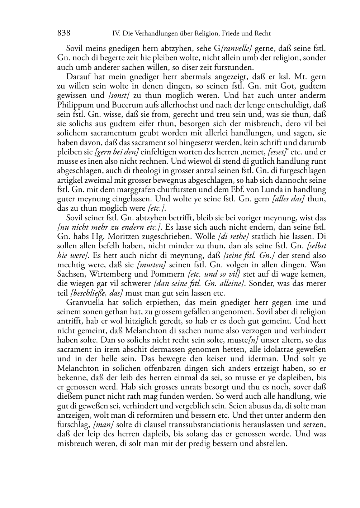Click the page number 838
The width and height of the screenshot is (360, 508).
click(63, 33)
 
